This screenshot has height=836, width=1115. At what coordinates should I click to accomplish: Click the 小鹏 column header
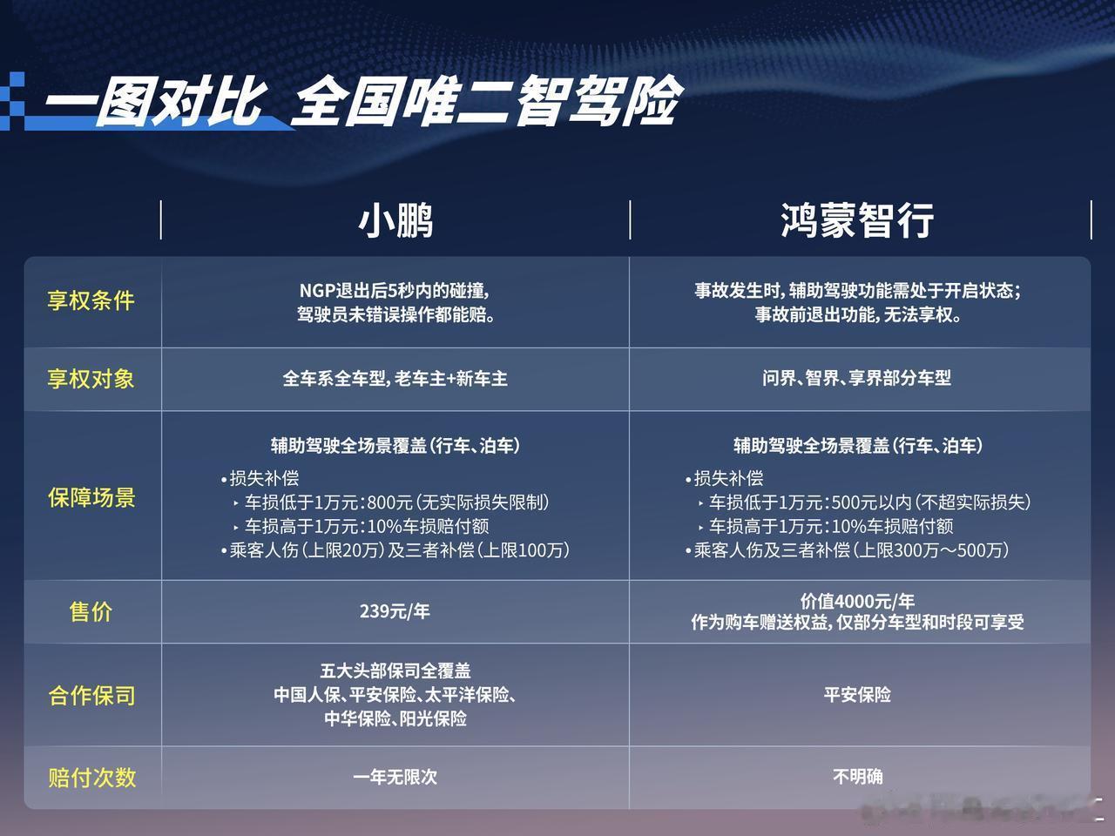point(395,221)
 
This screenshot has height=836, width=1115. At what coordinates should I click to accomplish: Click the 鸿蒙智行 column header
point(857,220)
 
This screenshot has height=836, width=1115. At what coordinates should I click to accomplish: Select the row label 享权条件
point(91,301)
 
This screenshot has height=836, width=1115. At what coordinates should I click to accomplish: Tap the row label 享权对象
point(91,379)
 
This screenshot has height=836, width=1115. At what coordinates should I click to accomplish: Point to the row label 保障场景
point(92,498)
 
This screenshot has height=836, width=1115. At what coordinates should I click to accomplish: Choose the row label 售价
point(91,611)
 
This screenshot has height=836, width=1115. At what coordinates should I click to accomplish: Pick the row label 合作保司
point(92,696)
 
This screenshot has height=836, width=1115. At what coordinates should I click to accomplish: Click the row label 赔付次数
point(92,778)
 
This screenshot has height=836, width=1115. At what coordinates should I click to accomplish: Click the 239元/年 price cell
point(395,611)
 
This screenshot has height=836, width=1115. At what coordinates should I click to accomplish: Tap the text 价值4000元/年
point(857,602)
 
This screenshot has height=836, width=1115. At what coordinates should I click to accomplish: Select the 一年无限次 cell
point(395,777)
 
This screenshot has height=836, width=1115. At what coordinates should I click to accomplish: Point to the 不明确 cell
point(858,777)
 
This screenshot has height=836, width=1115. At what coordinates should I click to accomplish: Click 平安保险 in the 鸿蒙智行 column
point(857,694)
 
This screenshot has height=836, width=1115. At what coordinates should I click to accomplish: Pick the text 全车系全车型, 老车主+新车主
point(395,379)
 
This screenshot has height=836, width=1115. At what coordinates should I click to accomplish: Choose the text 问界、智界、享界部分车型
point(857,378)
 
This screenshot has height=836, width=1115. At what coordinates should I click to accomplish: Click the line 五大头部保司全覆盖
point(395,671)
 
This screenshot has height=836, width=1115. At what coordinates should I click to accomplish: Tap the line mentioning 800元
point(392,502)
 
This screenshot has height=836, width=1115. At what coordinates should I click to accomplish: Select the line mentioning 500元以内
point(865,502)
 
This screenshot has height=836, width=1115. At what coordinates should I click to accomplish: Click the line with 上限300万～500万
point(848,550)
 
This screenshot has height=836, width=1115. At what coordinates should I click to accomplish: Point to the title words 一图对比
point(156,103)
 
